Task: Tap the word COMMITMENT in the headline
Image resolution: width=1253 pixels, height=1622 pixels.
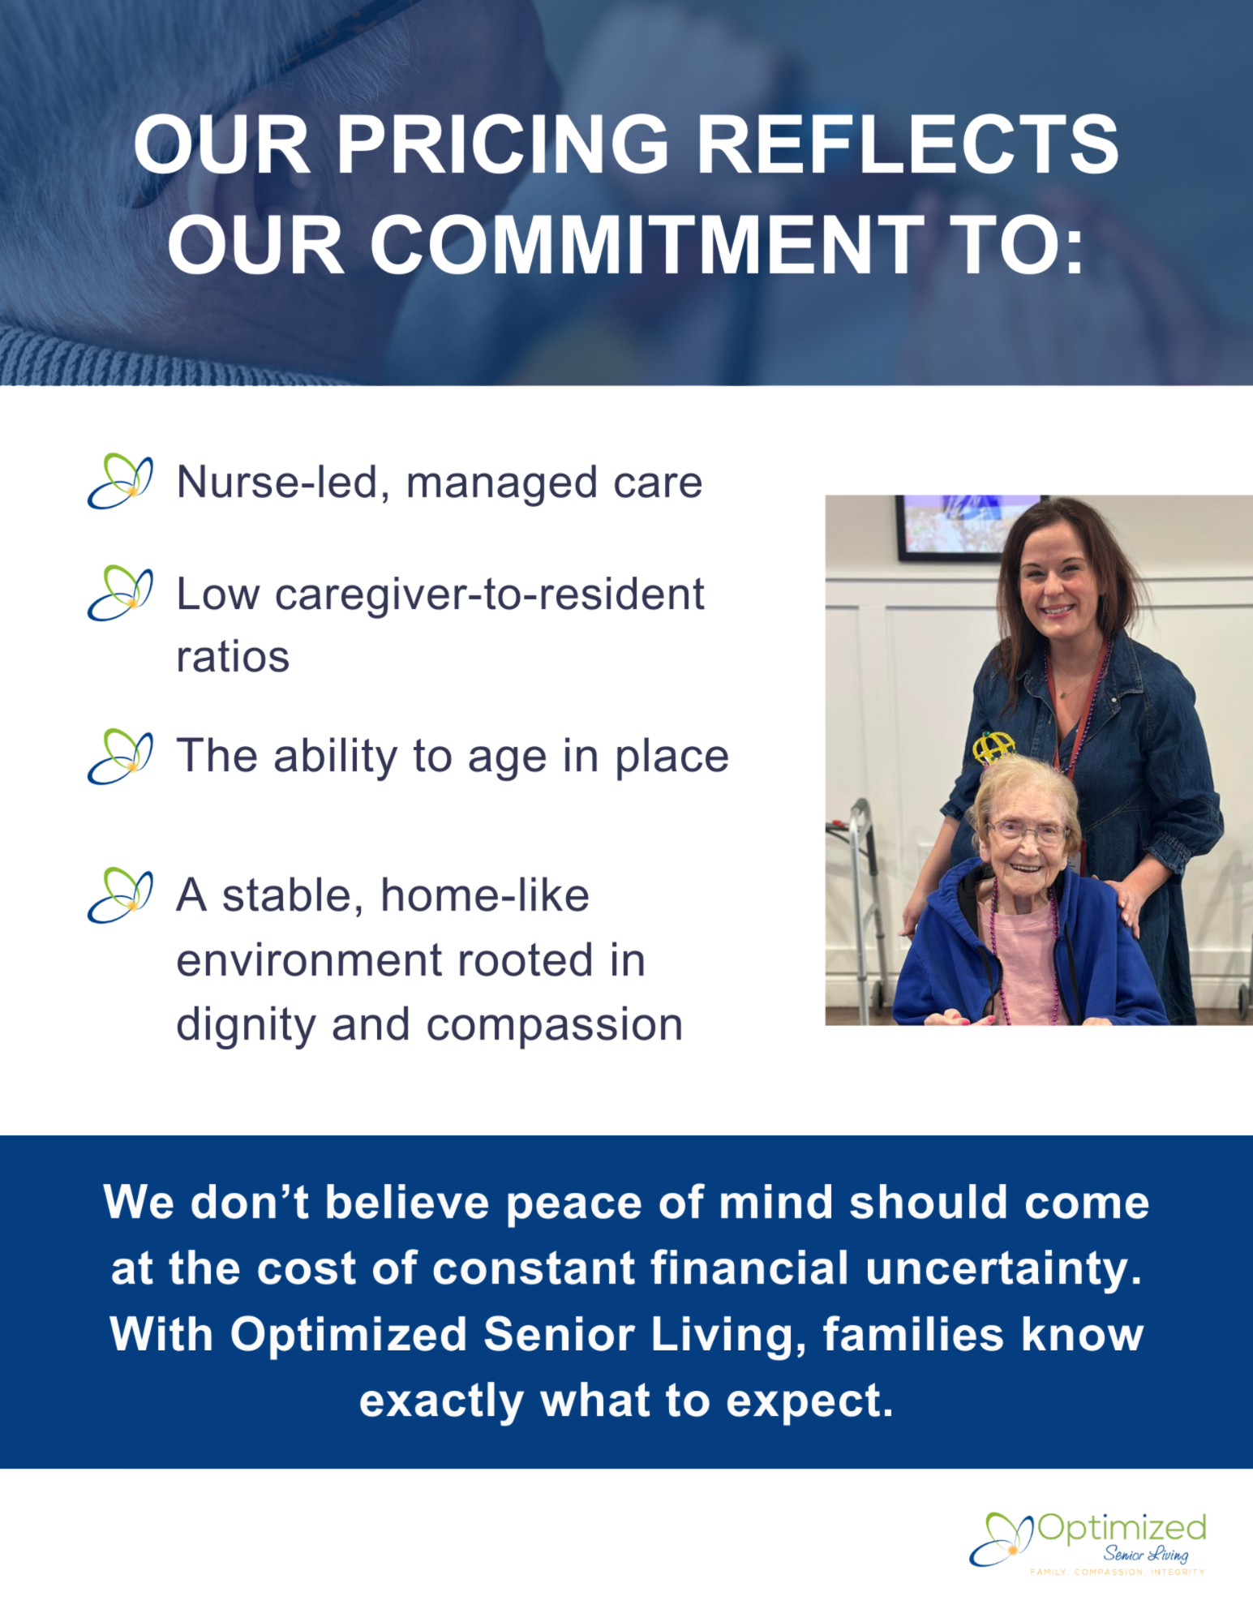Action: (x=646, y=244)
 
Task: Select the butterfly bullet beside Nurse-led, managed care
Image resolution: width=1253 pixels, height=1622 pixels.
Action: (x=120, y=481)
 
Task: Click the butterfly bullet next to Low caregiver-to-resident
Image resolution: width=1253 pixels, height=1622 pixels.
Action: (x=120, y=594)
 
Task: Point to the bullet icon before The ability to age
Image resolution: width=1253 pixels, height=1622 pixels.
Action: (x=120, y=756)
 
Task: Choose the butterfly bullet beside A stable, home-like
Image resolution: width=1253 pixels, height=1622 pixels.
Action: (x=120, y=895)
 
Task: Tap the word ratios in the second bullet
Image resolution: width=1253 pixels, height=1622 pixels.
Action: (x=233, y=657)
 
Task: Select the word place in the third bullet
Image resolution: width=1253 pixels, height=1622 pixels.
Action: (x=672, y=757)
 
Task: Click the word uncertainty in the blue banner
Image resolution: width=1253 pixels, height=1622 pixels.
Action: (x=1004, y=1269)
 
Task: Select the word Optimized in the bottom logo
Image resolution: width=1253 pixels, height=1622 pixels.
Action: (x=1122, y=1529)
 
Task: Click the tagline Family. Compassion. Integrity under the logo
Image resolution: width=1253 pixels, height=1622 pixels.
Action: (x=1118, y=1572)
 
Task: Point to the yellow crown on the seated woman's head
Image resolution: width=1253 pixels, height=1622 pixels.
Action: (x=993, y=748)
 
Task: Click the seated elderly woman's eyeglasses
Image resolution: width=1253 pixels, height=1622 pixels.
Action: (x=1027, y=830)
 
